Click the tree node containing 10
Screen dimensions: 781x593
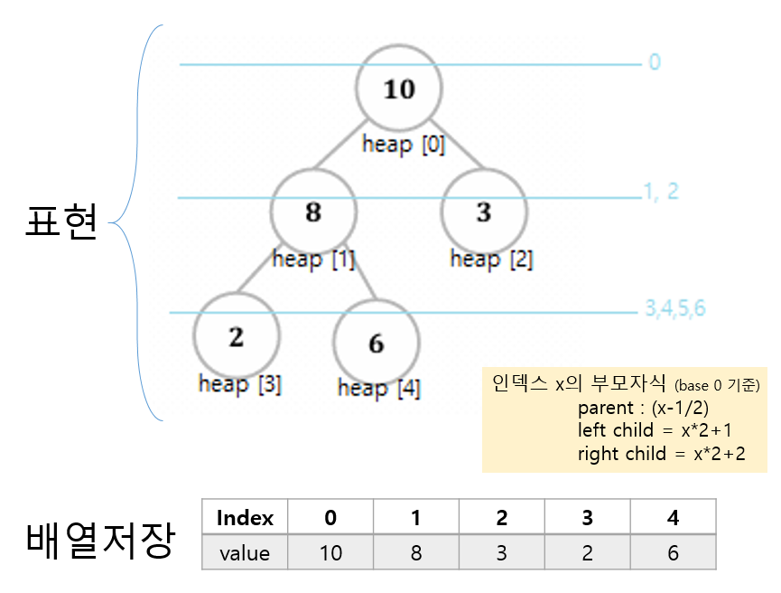[x=398, y=89]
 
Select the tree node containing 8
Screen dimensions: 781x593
[x=313, y=212]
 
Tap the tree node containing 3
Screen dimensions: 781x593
[x=484, y=212]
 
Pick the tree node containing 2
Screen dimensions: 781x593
[x=236, y=336]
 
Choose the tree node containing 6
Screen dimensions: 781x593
[x=376, y=343]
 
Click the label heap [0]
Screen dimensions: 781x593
[x=404, y=145]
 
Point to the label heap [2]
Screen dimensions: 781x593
[x=491, y=259]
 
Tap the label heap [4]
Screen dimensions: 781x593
[x=378, y=389]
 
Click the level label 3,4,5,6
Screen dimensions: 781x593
[x=674, y=308]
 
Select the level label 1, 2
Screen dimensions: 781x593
[x=661, y=192]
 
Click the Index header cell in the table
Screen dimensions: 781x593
[x=245, y=518]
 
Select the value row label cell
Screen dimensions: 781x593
[x=245, y=552]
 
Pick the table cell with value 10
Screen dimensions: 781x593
[x=330, y=552]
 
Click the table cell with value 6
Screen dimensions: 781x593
[x=673, y=552]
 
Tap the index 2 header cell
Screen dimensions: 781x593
[x=501, y=518]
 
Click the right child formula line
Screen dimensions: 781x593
[x=661, y=453]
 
